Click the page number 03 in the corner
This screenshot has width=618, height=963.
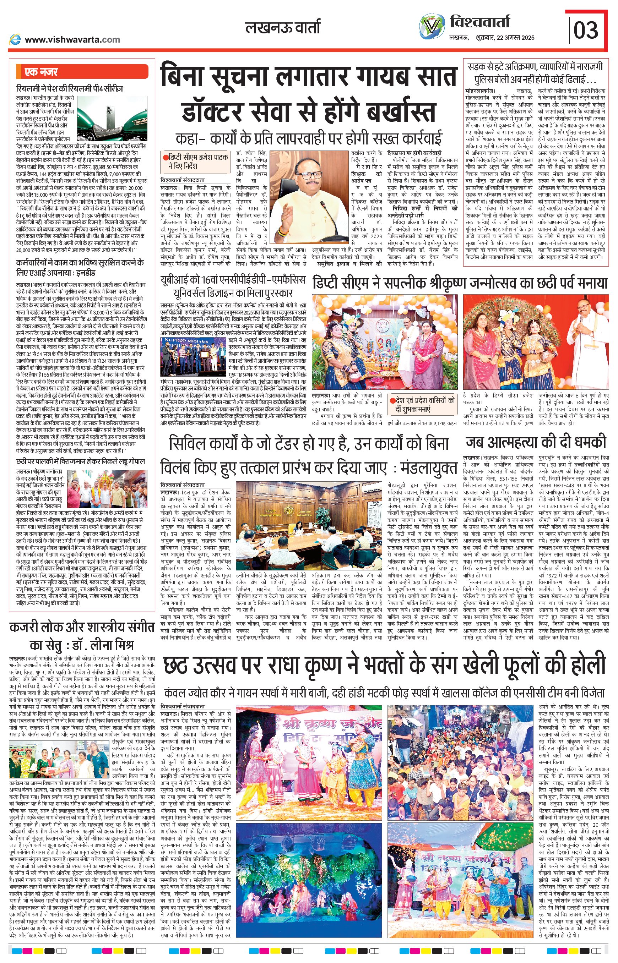pos(586,30)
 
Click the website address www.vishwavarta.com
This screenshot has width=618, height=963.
pos(72,40)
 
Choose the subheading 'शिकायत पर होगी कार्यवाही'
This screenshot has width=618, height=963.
pos(414,153)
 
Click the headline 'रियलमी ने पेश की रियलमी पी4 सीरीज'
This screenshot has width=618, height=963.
pos(69,89)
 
